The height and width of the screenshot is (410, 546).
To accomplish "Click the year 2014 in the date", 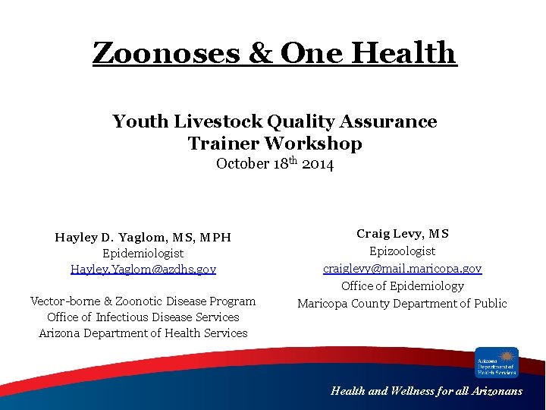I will coord(318,164).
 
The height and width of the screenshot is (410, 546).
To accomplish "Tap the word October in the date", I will coord(243,164).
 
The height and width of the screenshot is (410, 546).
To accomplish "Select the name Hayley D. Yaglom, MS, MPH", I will coord(143,238).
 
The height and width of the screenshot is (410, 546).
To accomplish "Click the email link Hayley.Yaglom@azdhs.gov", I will coord(143,269).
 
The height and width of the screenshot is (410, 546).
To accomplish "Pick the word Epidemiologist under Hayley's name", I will coord(143,254).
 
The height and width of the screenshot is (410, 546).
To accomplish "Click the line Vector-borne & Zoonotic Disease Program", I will coord(143,301).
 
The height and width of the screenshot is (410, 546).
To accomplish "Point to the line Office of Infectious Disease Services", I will coord(143,317).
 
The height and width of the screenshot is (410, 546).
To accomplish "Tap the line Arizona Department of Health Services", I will coord(143,333).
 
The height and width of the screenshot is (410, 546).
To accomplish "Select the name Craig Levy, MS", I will coord(402,234).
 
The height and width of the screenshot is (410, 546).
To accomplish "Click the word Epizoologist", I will coord(402,251).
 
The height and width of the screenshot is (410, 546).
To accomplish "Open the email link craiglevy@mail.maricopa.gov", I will coord(402,269).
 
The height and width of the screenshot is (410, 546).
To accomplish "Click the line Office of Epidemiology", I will coord(402,286).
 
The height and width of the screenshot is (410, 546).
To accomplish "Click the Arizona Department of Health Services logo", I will coord(497,362).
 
